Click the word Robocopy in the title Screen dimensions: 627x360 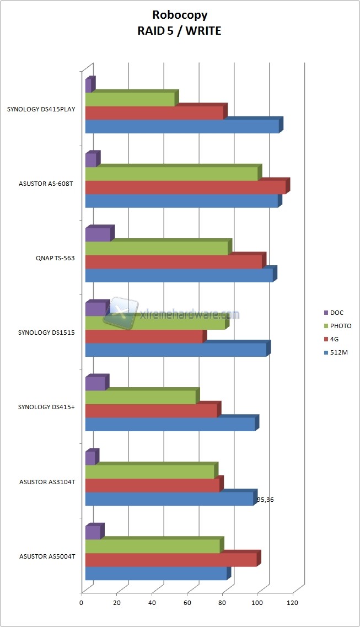180,17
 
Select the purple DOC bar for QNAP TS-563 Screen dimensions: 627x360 98,234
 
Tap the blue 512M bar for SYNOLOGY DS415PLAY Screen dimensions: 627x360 182,127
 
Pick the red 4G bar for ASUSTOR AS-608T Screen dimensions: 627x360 185,187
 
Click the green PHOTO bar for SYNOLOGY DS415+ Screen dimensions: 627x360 141,398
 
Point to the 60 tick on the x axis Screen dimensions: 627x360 187,603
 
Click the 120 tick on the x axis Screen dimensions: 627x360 293,603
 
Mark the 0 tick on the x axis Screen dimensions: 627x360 82,603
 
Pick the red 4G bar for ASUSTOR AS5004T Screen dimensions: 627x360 171,560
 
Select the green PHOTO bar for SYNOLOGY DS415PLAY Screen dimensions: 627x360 130,99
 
